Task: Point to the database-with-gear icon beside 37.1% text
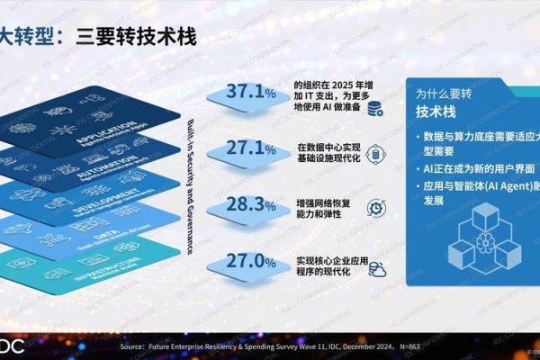click(373, 108)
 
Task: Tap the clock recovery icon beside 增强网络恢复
click(373, 209)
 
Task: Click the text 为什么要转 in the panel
click(444, 93)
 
